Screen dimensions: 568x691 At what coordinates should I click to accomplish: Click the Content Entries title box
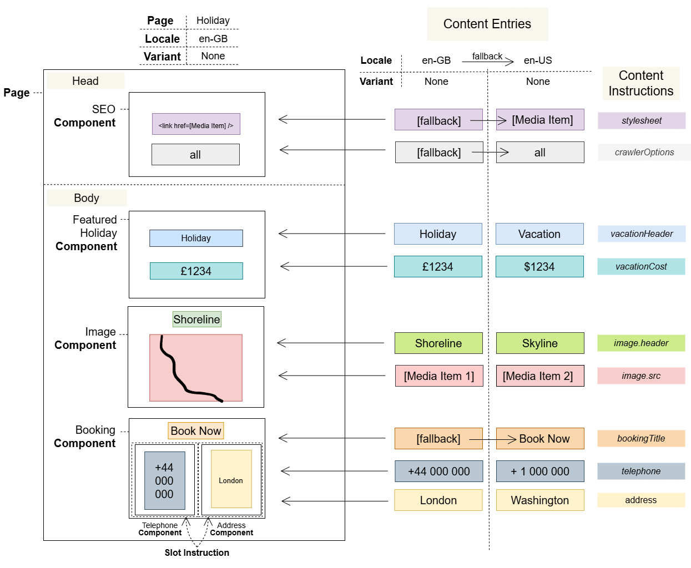tap(487, 24)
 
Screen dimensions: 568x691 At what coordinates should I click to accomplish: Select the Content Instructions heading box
tap(640, 83)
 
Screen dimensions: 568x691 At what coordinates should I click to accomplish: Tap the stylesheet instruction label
tap(641, 120)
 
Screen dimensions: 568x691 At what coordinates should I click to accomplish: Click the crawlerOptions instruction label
tap(644, 152)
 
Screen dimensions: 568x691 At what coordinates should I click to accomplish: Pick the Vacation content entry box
tap(539, 234)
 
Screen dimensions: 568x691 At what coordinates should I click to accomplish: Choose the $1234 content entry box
tap(539, 267)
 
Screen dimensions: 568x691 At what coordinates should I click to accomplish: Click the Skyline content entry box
tap(539, 343)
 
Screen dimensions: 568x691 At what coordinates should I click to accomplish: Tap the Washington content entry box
tap(539, 500)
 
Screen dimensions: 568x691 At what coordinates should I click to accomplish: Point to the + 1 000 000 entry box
tap(539, 471)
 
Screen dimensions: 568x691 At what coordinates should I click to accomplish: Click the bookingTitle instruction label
tap(640, 438)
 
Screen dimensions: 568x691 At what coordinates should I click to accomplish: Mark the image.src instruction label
tap(640, 376)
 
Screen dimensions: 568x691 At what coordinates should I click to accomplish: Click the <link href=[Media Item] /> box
tap(196, 125)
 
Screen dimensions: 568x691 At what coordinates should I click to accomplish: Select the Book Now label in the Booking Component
tap(196, 431)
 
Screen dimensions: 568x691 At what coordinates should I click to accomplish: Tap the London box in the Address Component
tap(231, 480)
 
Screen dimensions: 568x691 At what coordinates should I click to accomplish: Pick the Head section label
tap(85, 81)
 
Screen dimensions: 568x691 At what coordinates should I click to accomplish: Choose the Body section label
tap(87, 198)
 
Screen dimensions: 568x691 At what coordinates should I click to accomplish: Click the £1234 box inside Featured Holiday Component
tap(196, 271)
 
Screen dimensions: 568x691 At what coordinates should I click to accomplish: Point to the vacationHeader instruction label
tap(641, 234)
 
